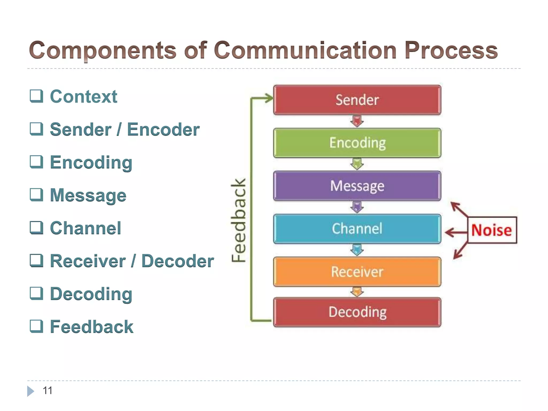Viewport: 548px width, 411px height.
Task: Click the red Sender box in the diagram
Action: (x=357, y=100)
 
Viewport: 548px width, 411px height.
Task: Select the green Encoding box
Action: (x=357, y=143)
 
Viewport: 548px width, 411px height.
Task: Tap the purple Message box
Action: (x=357, y=186)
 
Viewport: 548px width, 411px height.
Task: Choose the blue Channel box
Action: (x=357, y=229)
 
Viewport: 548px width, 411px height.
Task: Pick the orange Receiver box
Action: (x=357, y=272)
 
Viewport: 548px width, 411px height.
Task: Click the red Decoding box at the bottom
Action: (x=357, y=312)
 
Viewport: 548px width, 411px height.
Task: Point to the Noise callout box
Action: (x=492, y=230)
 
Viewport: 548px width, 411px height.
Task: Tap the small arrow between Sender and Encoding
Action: (x=357, y=121)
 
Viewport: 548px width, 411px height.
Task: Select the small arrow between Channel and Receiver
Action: (x=357, y=250)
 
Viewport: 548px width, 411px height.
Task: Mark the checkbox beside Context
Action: (x=36, y=96)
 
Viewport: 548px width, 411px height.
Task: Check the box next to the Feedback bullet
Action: (x=36, y=326)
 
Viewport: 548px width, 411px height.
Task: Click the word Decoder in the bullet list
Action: (x=177, y=261)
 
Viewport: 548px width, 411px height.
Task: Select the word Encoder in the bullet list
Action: (x=163, y=130)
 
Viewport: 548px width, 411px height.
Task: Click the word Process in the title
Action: (x=451, y=50)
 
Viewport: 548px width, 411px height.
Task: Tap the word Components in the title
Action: (x=103, y=50)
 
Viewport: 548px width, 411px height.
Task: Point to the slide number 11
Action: (x=47, y=391)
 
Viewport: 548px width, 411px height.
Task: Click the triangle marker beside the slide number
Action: (x=30, y=391)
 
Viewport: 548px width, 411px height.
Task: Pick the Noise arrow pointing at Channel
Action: (x=455, y=232)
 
